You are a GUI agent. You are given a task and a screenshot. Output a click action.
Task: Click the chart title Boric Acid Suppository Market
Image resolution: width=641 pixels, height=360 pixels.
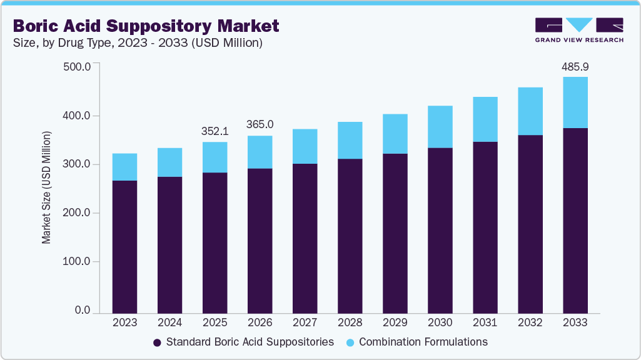[x=146, y=26]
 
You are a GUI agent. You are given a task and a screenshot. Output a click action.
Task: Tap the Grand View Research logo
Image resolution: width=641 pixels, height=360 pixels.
[x=579, y=30]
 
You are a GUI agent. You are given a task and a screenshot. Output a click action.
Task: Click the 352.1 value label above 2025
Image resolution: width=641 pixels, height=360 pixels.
[x=215, y=131]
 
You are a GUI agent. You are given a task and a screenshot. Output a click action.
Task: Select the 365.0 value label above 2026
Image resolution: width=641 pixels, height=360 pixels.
[x=260, y=125]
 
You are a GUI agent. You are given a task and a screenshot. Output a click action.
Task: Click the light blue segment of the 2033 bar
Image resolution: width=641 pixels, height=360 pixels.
[x=575, y=102]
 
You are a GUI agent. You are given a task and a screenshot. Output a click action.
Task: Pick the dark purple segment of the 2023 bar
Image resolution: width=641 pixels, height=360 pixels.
[x=124, y=246]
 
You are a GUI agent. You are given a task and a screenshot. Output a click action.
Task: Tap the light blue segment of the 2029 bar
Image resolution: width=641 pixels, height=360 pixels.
[x=395, y=134]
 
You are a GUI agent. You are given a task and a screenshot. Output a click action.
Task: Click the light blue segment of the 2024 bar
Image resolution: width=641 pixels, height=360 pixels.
[x=169, y=162]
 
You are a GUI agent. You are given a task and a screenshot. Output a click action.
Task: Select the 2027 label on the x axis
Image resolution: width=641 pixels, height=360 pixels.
[x=305, y=322]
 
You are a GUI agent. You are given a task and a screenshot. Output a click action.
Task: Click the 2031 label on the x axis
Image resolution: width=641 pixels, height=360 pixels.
[x=485, y=322]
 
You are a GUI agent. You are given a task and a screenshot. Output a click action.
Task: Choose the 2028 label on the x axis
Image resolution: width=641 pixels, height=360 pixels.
[x=350, y=322]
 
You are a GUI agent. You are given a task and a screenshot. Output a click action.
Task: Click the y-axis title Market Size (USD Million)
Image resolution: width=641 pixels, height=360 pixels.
[x=46, y=187]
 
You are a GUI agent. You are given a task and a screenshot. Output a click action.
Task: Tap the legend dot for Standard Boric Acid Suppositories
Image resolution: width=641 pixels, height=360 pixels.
[x=157, y=342]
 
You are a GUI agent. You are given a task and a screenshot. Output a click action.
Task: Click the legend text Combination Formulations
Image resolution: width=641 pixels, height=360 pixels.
[x=423, y=342]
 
